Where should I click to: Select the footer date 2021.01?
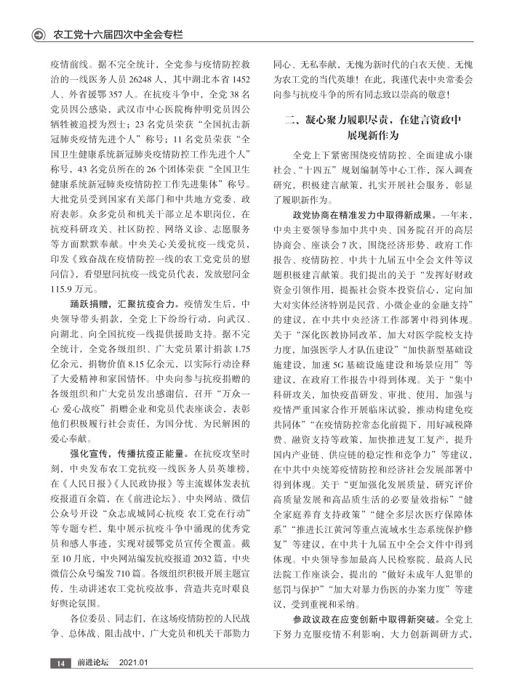(134, 663)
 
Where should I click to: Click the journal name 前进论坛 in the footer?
(93, 663)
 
